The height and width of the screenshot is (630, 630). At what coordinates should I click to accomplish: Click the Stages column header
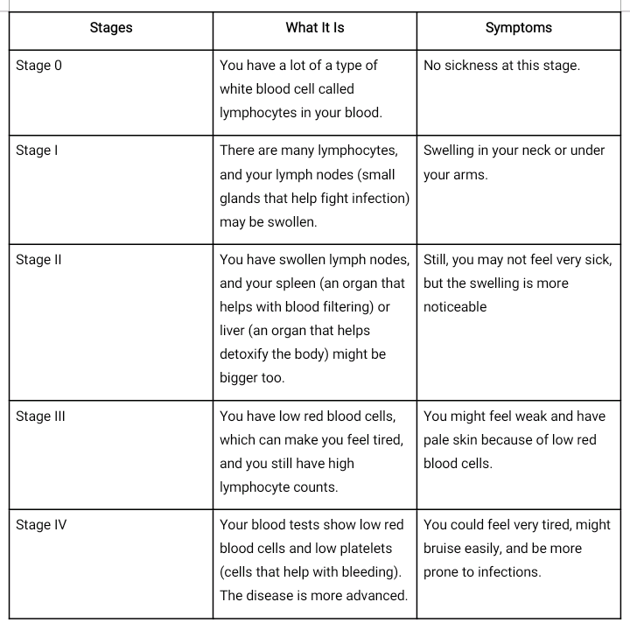click(x=111, y=28)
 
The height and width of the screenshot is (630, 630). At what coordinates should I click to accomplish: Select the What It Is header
click(x=315, y=28)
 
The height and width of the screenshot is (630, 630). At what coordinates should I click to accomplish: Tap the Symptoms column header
click(x=519, y=28)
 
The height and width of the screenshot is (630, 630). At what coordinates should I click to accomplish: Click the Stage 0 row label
click(x=39, y=66)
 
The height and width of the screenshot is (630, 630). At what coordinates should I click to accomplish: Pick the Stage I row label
click(x=37, y=150)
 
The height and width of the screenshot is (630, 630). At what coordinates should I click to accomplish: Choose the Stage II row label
click(x=38, y=260)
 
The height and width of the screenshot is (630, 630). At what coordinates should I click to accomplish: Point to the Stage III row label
click(x=40, y=416)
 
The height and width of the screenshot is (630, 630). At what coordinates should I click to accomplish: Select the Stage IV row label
click(x=41, y=525)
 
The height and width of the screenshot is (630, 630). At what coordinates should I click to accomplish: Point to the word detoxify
click(x=248, y=354)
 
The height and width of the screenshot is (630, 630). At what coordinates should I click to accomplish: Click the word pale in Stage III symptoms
click(x=437, y=440)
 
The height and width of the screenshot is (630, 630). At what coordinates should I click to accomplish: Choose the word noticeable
click(x=455, y=307)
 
